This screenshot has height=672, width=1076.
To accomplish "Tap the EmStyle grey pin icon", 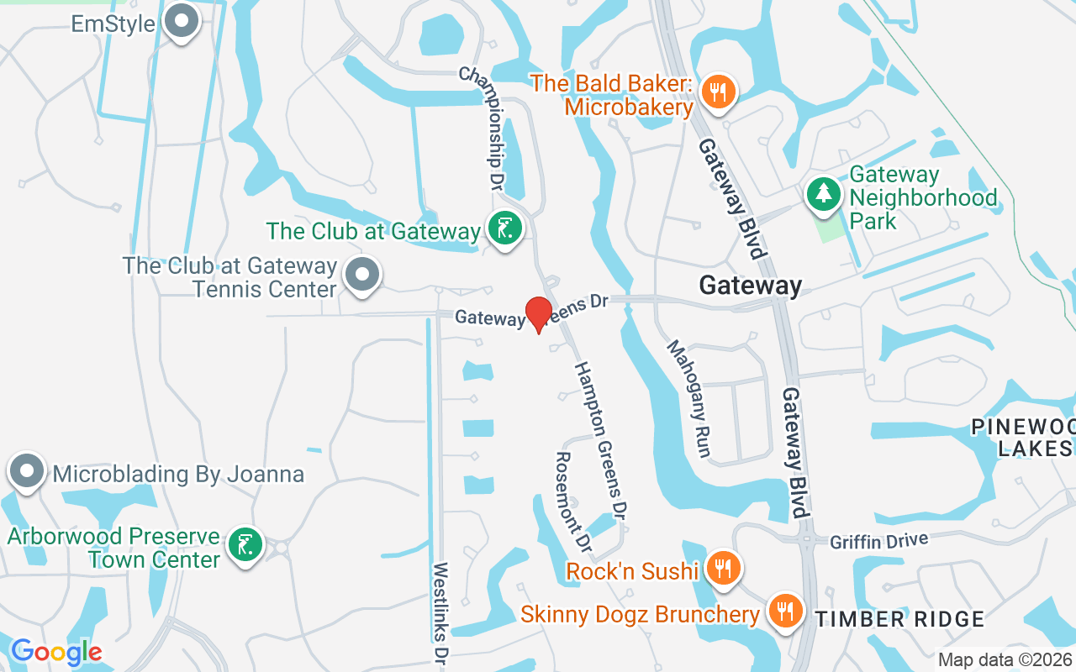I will pyautogui.click(x=180, y=22).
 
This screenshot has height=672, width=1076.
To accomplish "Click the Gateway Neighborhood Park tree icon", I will pyautogui.click(x=824, y=194).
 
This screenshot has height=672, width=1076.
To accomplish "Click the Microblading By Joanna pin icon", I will pyautogui.click(x=26, y=472).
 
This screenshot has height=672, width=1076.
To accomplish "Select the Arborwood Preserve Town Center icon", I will pyautogui.click(x=245, y=546).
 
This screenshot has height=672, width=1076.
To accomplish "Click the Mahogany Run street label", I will pyautogui.click(x=690, y=398).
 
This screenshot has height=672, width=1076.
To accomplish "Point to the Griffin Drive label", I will pyautogui.click(x=878, y=540).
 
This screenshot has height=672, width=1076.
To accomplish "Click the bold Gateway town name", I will pyautogui.click(x=751, y=286).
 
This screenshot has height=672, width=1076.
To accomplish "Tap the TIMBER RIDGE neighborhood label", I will pyautogui.click(x=900, y=620).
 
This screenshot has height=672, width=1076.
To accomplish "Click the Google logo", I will pyautogui.click(x=56, y=652).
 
